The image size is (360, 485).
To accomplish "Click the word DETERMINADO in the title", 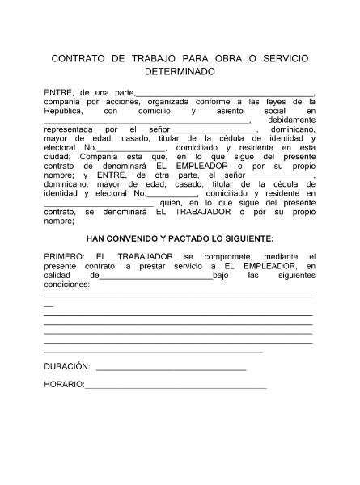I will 180,71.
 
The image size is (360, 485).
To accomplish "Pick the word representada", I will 71,129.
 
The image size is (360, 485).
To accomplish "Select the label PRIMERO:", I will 64,256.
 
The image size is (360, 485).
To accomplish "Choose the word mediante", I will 280,256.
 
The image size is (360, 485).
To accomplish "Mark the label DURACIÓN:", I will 67,366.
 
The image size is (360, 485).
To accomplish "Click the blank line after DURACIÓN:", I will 170,369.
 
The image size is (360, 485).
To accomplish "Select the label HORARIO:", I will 64,384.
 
